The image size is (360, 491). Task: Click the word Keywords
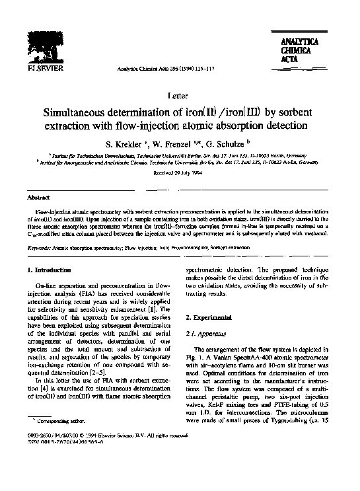(x=45, y=247)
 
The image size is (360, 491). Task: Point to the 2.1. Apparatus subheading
(x=211, y=334)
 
